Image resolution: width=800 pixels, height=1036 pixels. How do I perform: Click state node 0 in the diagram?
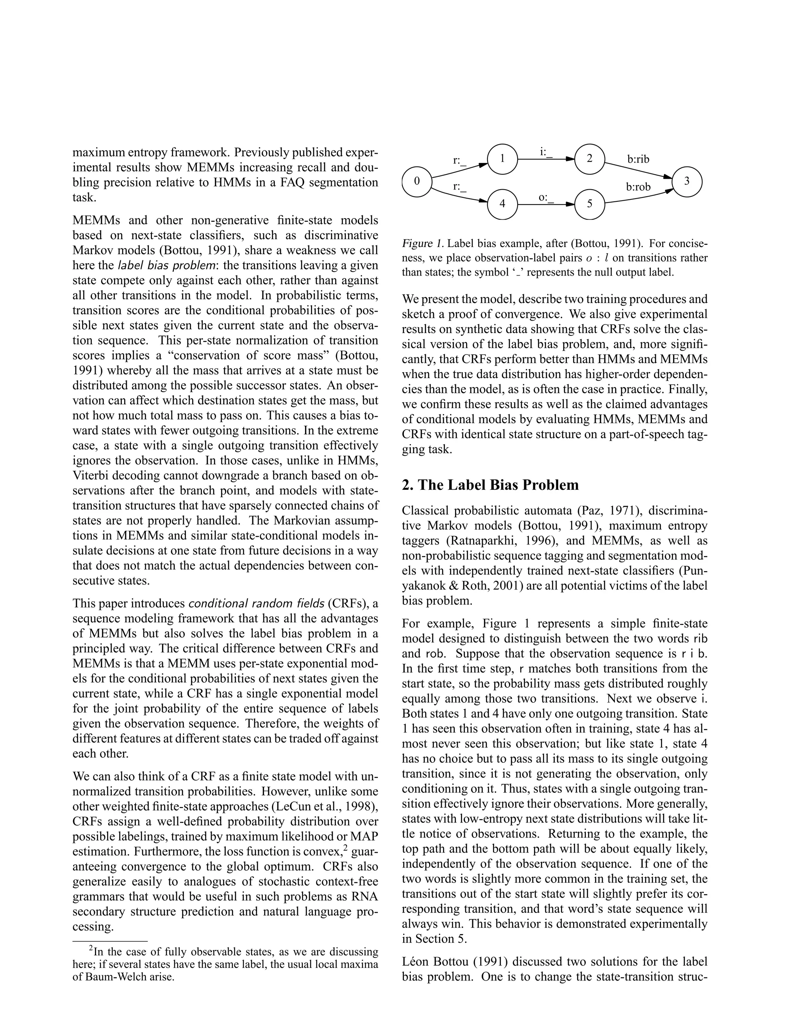click(x=417, y=181)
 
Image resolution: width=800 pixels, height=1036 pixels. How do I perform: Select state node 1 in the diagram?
click(x=502, y=159)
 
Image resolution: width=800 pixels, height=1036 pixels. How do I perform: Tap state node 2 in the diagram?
click(x=589, y=159)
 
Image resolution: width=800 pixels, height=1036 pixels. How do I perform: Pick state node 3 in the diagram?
click(x=686, y=181)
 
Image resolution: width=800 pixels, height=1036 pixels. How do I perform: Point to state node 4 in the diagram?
click(x=502, y=204)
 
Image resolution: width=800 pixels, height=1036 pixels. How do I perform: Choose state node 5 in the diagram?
click(x=589, y=204)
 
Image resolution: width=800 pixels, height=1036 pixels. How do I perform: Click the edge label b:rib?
click(x=638, y=160)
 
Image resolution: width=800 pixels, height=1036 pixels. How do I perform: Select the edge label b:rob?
click(x=638, y=187)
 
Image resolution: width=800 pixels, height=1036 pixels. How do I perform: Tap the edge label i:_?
click(x=546, y=152)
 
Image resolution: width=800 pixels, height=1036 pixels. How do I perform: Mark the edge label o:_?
click(x=546, y=197)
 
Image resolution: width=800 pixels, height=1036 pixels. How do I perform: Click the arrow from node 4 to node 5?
click(x=545, y=205)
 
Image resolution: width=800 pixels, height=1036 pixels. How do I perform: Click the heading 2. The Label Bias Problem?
click(x=490, y=485)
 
